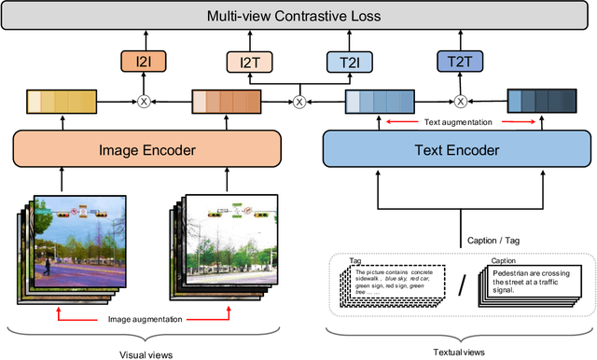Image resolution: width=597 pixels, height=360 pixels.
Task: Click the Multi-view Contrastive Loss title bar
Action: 298,17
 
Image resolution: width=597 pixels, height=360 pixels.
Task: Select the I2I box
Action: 144,62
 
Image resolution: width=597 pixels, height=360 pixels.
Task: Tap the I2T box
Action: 251,62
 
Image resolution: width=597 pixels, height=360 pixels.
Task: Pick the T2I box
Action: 348,62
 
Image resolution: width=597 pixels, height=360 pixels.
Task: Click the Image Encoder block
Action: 146,149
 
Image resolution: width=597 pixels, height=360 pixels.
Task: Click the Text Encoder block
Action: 451,149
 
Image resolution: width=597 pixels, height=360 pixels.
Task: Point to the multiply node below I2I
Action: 144,100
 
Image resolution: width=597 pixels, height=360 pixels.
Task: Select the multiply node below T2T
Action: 460,100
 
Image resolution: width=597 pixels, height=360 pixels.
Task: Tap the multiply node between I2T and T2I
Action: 299,101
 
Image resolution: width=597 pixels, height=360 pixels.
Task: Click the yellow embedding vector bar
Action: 61,101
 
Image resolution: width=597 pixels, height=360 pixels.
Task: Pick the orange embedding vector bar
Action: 225,101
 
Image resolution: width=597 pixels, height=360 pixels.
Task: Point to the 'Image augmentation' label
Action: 146,318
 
